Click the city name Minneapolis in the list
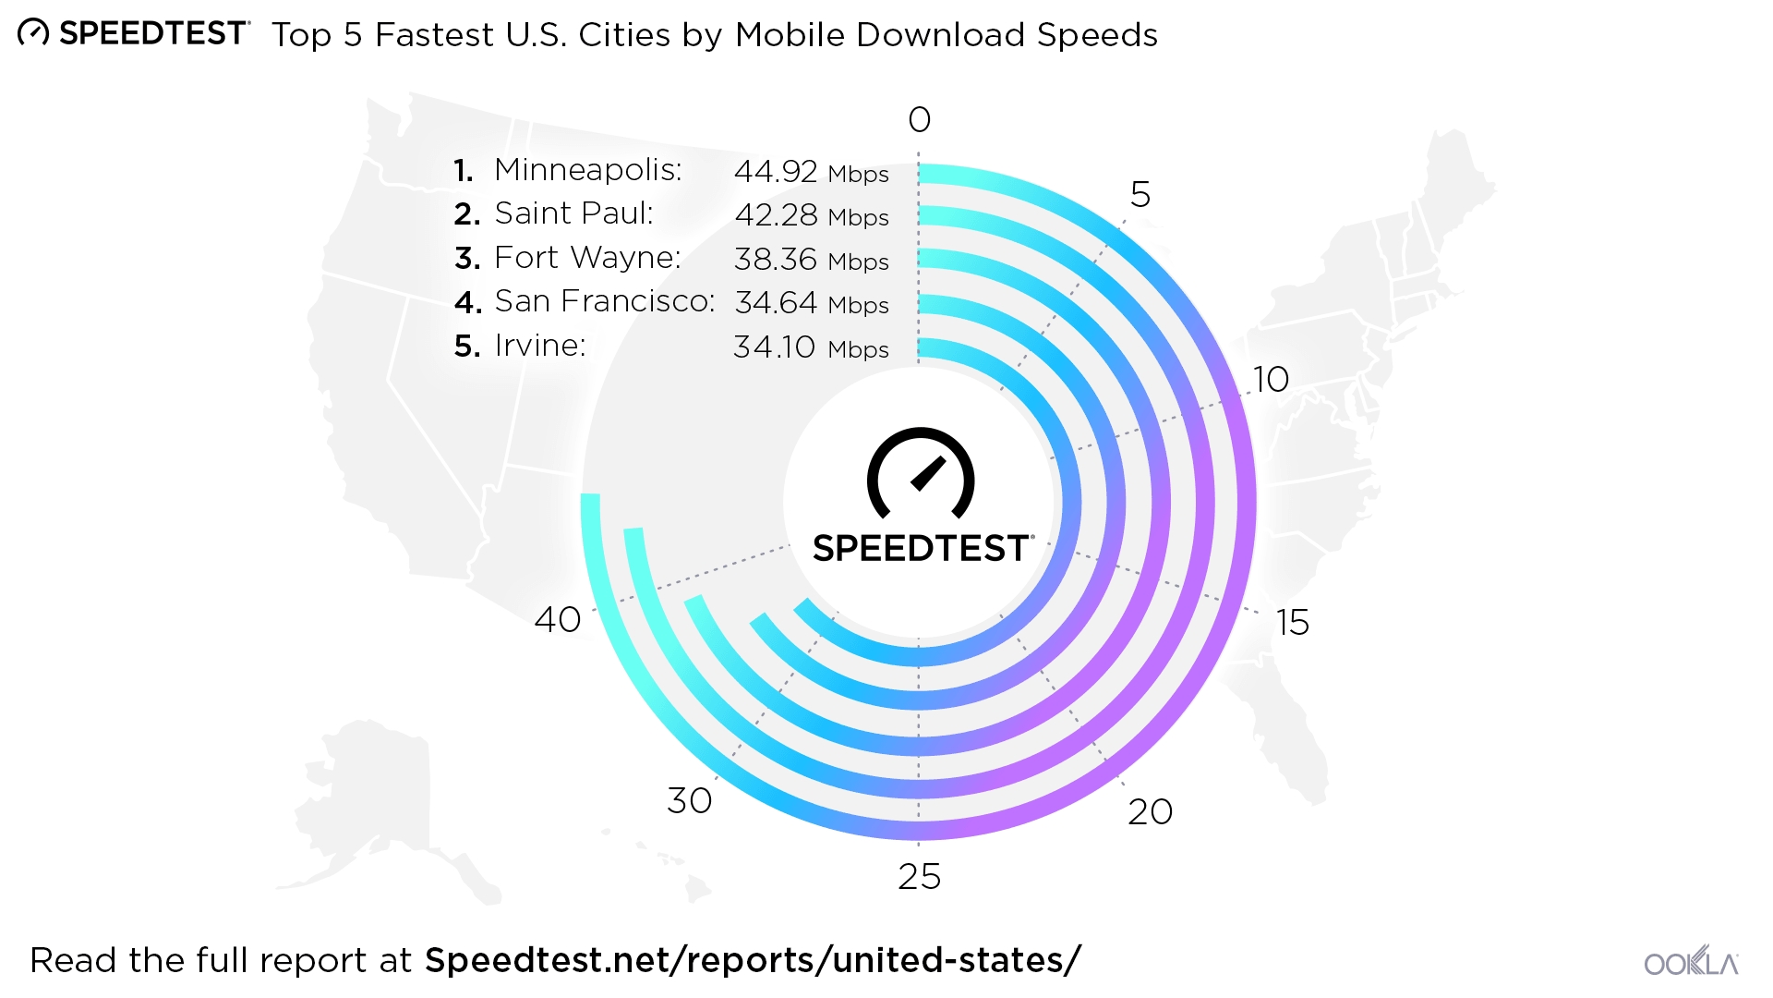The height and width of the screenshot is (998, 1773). [587, 170]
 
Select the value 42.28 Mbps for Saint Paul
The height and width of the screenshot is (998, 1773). [811, 215]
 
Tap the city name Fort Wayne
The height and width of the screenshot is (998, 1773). [587, 258]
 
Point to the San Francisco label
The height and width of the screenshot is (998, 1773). [604, 301]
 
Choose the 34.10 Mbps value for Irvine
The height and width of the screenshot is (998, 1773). [811, 347]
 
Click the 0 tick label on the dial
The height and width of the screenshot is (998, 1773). [919, 120]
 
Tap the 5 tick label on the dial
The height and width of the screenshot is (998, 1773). [1140, 195]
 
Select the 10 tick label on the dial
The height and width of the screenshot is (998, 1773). [1271, 380]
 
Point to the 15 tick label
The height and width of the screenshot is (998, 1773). [1292, 623]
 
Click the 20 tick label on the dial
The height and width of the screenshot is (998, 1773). [1150, 812]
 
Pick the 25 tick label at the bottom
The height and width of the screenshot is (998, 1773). [919, 877]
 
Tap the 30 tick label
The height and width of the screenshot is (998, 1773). [690, 801]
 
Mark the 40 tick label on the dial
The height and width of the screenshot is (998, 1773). [558, 620]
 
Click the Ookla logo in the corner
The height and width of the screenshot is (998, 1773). [1691, 962]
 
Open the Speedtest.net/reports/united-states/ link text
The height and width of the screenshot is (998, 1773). [752, 961]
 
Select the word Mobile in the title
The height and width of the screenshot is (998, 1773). [790, 35]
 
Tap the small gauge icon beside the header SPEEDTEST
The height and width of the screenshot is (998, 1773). [33, 33]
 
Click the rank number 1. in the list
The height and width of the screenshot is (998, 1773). [464, 171]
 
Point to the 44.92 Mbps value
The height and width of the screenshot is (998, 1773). [811, 172]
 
